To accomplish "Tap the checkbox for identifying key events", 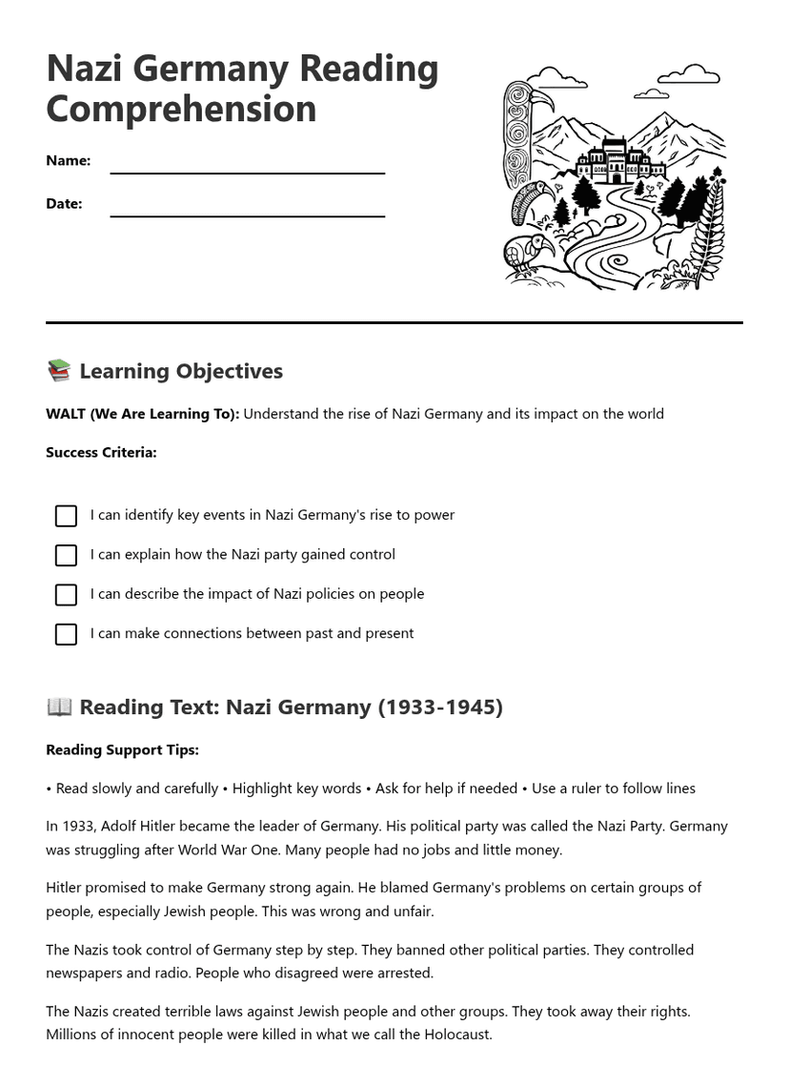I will (x=66, y=516).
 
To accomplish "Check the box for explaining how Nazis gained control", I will (x=66, y=555).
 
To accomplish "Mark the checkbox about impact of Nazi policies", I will (x=66, y=595).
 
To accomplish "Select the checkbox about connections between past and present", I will (x=66, y=634).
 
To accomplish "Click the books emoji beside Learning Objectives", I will (x=59, y=371).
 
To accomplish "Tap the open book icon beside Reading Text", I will (x=59, y=707).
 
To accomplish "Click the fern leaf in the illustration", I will (x=709, y=229).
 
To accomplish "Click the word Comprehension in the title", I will (x=181, y=110).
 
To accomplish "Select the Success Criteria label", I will (x=101, y=453).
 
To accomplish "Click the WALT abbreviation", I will (x=66, y=414).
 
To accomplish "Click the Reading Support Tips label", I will (x=122, y=750).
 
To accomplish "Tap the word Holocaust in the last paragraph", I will (x=455, y=1035).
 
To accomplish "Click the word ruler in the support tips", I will (x=589, y=789).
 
